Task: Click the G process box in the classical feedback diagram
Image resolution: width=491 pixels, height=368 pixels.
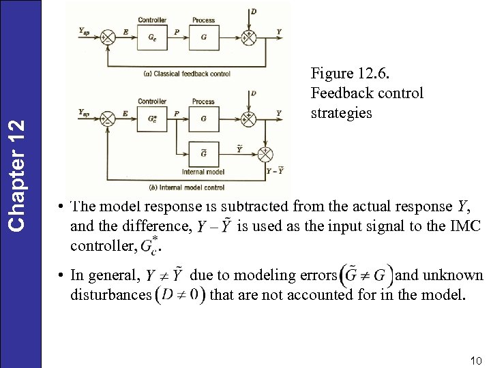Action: (203, 37)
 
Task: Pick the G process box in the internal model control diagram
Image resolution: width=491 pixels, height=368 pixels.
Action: (203, 119)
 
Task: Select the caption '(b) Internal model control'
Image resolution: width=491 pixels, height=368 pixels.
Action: (186, 187)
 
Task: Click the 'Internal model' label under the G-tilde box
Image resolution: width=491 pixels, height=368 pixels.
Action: (203, 171)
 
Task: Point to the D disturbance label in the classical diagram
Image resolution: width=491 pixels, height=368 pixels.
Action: (254, 12)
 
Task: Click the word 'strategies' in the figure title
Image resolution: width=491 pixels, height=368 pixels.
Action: (341, 113)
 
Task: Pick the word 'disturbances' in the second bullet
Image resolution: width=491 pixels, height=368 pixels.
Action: (111, 295)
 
